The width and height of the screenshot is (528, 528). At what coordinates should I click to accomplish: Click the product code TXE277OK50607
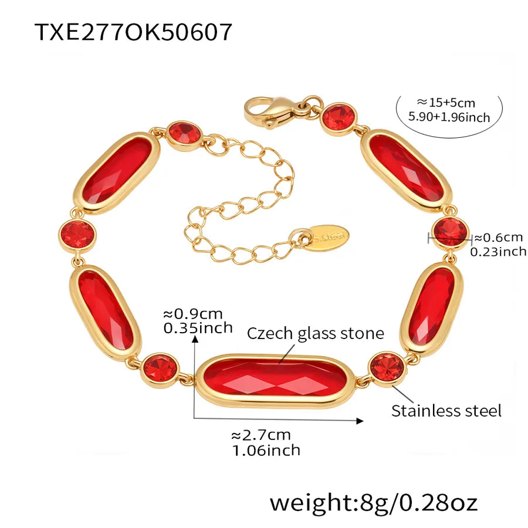(133, 32)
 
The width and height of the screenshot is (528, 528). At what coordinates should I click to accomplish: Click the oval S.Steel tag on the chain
(329, 237)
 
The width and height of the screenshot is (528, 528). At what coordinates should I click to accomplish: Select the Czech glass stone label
(316, 333)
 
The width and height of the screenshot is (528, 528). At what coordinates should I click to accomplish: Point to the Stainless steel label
(446, 411)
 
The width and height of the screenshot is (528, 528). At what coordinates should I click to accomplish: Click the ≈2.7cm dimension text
(261, 435)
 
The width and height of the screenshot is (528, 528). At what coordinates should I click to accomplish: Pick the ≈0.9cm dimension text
(193, 314)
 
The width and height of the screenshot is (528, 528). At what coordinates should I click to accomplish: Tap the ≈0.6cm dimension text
(499, 238)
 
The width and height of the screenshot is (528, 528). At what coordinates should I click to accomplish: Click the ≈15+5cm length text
(446, 102)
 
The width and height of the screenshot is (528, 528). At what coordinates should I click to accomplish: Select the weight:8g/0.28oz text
(374, 503)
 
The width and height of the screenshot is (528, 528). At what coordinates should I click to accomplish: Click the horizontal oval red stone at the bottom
(276, 381)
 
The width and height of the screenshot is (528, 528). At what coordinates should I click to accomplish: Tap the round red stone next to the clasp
(339, 119)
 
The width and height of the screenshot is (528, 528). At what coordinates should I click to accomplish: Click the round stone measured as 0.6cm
(451, 232)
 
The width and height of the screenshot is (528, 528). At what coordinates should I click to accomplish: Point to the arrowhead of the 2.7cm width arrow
(360, 421)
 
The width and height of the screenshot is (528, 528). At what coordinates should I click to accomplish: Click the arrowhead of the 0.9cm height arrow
(195, 339)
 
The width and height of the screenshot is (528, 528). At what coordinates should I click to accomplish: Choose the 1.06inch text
(266, 450)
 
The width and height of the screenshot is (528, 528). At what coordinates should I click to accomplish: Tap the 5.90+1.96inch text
(449, 117)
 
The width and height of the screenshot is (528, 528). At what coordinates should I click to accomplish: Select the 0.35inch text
(198, 328)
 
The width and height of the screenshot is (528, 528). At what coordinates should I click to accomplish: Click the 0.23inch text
(498, 252)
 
